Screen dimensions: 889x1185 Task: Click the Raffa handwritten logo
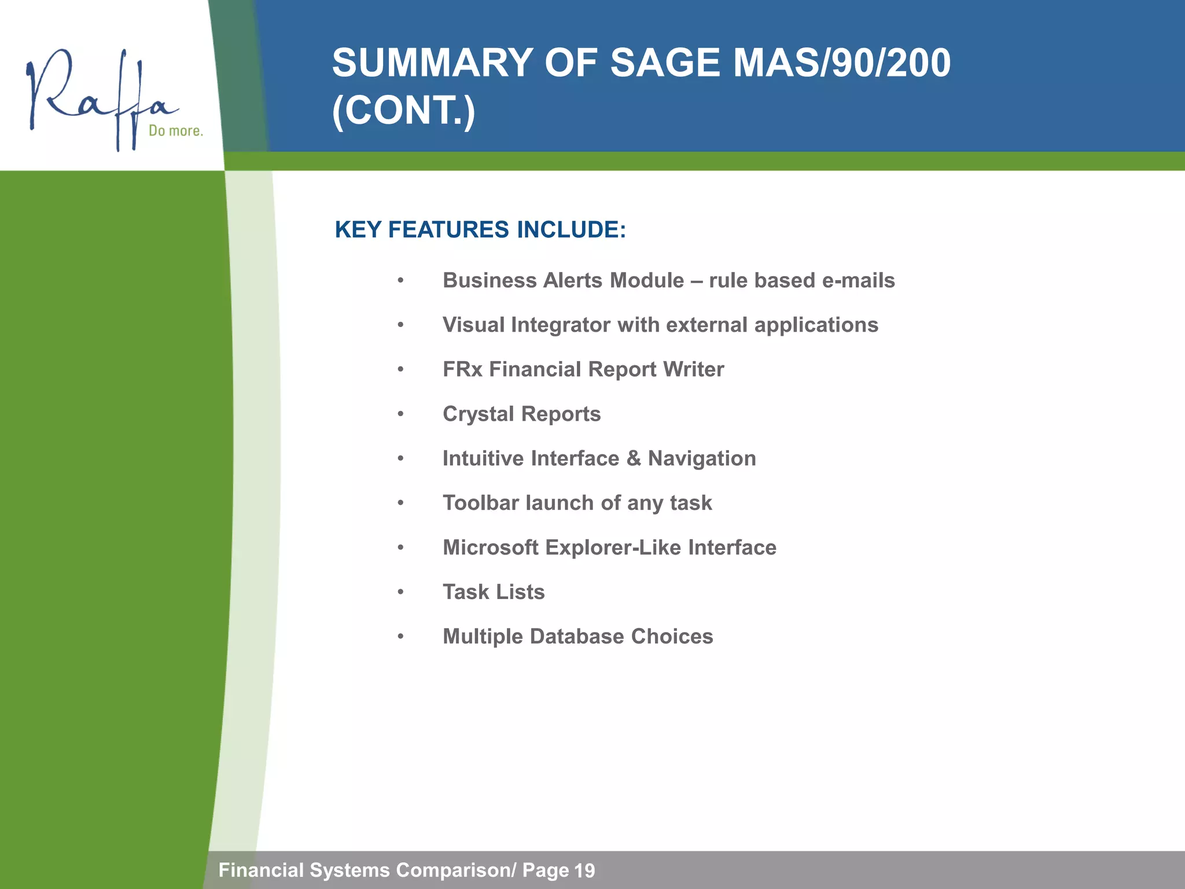pos(98,95)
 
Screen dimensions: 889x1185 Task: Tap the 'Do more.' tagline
pos(175,131)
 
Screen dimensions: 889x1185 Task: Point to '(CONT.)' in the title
pos(403,110)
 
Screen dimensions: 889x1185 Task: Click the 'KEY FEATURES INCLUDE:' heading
pos(480,230)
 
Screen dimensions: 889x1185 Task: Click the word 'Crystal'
pos(478,414)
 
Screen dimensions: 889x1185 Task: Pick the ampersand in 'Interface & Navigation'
pos(634,458)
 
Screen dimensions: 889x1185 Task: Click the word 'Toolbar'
pos(481,503)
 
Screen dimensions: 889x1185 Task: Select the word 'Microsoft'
pos(491,548)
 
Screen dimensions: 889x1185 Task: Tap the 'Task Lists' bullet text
pos(494,592)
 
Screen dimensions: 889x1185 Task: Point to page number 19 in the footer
pos(584,870)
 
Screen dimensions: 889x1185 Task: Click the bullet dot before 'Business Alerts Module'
pos(400,281)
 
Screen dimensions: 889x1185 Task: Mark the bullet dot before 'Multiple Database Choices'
pos(400,637)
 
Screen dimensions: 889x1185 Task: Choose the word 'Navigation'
pos(701,458)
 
